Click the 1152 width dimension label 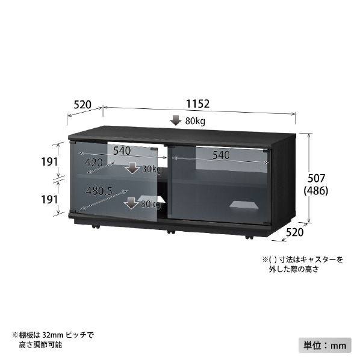pos(197,104)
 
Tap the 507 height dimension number pos(316,178)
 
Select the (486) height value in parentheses pos(316,191)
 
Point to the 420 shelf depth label pos(94,163)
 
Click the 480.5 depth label pos(99,191)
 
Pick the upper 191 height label pos(49,162)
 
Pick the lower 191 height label pos(49,199)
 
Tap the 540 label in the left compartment pos(122,151)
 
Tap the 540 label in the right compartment pos(221,155)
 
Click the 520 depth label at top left pos(82,105)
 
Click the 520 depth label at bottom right pos(294,232)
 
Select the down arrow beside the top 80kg pos(176,120)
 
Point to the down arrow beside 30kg pos(132,169)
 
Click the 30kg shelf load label pos(152,169)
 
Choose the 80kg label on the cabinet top pos(195,121)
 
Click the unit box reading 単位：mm pos(325,345)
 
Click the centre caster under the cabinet pos(171,232)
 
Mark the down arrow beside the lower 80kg pos(131,203)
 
